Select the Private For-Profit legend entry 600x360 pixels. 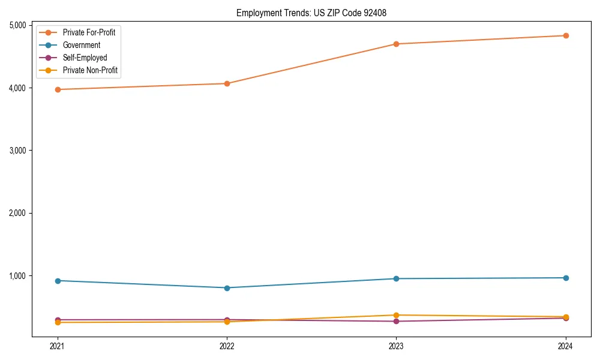point(89,32)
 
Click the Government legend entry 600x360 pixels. point(82,45)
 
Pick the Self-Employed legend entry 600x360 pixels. point(85,58)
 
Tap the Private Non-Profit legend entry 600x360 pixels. point(90,70)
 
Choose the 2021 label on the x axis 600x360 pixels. point(58,346)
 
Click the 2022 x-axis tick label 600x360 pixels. point(227,346)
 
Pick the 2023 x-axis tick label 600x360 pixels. point(396,346)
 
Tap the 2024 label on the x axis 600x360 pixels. point(565,346)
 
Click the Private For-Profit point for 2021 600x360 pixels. point(58,89)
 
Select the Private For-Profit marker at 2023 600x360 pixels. point(396,44)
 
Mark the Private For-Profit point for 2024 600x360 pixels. point(565,35)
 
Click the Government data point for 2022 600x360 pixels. point(227,288)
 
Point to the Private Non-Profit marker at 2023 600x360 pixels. point(396,315)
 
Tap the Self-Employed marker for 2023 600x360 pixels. point(396,322)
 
